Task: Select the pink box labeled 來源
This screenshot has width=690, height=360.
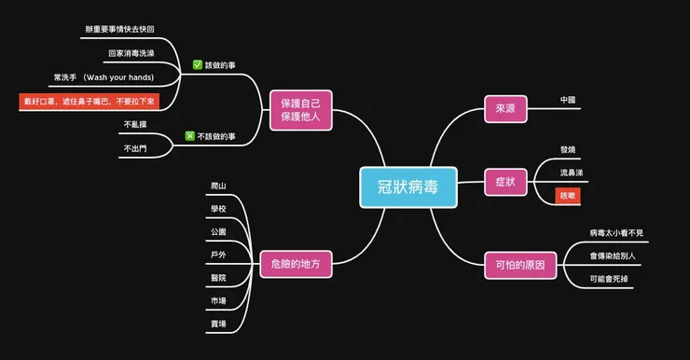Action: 505,109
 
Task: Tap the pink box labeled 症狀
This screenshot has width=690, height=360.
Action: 505,182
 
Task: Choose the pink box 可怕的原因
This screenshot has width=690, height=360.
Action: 519,266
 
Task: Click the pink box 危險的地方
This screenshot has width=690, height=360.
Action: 296,264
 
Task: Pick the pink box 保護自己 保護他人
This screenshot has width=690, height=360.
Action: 299,109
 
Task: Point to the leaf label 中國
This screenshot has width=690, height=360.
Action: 568,100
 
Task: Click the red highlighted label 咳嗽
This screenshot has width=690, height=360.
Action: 568,197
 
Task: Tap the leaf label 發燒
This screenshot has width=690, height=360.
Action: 568,150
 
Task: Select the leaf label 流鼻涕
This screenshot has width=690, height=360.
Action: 573,173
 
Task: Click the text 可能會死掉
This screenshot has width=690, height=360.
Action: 611,279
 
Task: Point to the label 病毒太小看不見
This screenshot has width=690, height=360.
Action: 616,232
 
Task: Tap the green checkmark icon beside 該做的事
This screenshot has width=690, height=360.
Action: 198,65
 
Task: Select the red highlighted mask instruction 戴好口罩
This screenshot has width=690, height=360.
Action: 88,100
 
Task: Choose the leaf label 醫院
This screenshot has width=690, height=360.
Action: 218,278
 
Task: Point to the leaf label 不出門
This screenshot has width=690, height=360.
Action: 133,148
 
